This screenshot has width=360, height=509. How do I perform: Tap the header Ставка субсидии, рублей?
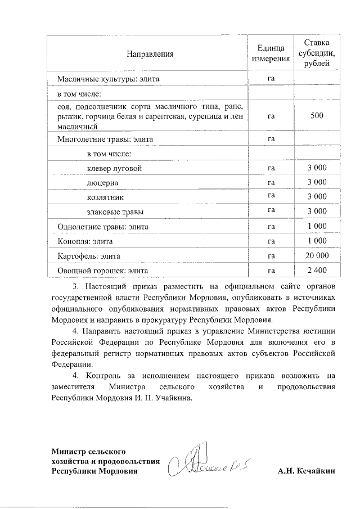tap(317, 54)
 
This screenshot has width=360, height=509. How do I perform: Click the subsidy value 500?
tap(317, 116)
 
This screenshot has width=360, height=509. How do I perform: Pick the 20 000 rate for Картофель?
tap(317, 256)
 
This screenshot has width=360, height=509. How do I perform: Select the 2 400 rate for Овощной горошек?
tap(317, 271)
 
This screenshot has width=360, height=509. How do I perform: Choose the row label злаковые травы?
tap(114, 212)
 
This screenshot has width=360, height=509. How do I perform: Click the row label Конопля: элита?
tap(85, 241)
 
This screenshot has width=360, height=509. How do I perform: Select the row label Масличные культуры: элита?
tap(109, 79)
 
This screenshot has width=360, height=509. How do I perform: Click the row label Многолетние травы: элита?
tap(105, 138)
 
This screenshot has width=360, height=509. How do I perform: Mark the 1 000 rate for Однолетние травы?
tap(317, 227)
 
